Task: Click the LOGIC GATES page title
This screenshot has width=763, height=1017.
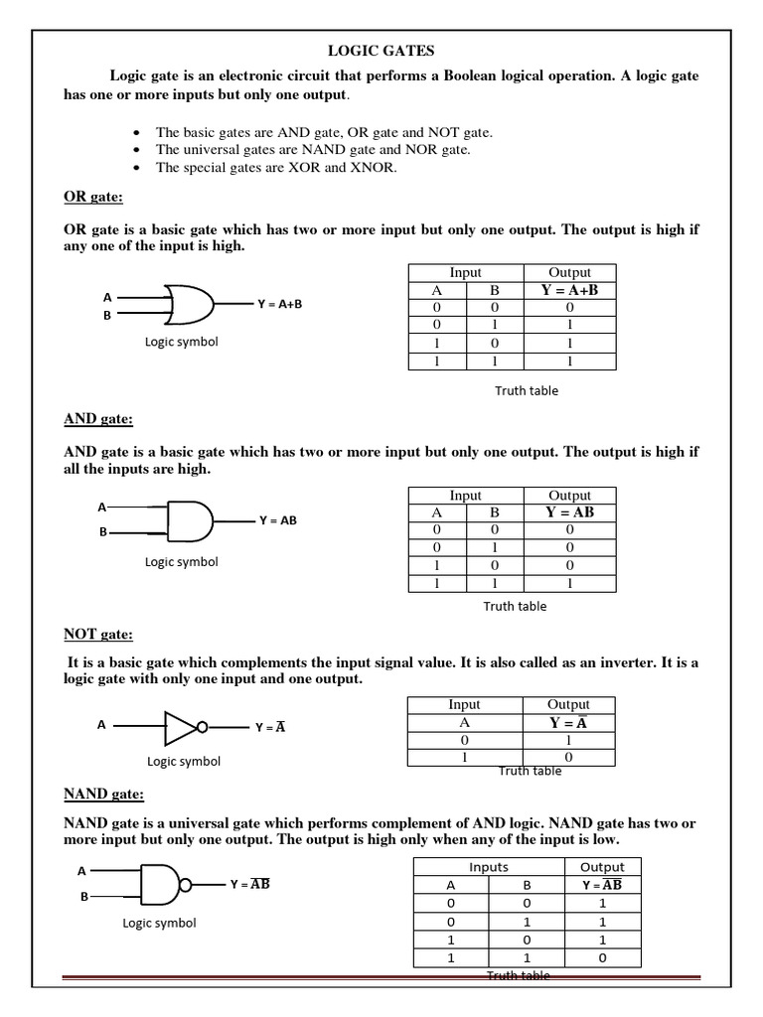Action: click(x=382, y=50)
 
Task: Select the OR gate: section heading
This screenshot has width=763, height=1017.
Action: click(x=93, y=198)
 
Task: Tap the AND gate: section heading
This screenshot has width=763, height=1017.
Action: click(x=98, y=419)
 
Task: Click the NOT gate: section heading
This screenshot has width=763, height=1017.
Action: click(x=97, y=634)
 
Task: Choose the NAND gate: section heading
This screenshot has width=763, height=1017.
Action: click(x=104, y=795)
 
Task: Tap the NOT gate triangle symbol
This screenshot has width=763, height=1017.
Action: click(x=182, y=726)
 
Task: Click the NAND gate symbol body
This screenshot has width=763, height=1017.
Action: click(x=159, y=883)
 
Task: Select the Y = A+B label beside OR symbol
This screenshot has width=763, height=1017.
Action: click(x=279, y=304)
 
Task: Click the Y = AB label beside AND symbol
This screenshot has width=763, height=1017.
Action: click(x=278, y=519)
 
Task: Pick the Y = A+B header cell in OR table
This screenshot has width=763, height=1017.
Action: click(x=569, y=290)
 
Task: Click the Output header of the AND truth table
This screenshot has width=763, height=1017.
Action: click(x=569, y=496)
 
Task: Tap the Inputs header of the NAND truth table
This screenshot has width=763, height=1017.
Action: click(x=489, y=867)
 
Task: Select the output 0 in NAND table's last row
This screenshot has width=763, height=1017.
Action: click(x=602, y=958)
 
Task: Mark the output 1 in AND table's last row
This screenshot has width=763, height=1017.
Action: click(x=569, y=584)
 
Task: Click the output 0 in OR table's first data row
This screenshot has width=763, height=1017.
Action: click(x=569, y=308)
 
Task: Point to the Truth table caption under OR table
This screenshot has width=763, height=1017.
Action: click(x=527, y=390)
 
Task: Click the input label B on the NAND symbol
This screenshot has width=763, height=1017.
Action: click(x=84, y=896)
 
